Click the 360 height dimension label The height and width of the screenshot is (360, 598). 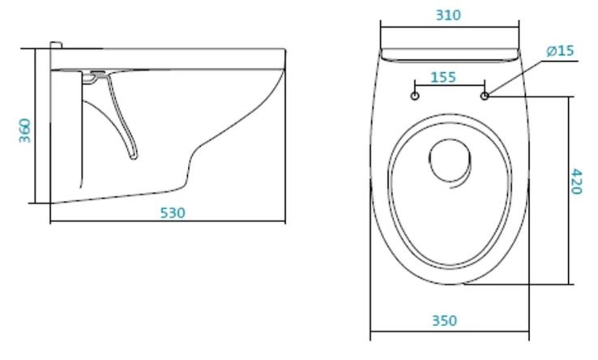(25, 131)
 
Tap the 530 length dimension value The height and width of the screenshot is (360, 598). (173, 213)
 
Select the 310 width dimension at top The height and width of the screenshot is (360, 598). (449, 15)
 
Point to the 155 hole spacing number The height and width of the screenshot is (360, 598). (443, 77)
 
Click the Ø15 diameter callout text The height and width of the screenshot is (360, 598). (560, 50)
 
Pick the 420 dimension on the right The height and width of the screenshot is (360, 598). (577, 182)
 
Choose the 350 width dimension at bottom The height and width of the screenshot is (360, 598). (444, 320)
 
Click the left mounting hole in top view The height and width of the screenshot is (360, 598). (415, 96)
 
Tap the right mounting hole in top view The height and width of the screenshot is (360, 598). (485, 96)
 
